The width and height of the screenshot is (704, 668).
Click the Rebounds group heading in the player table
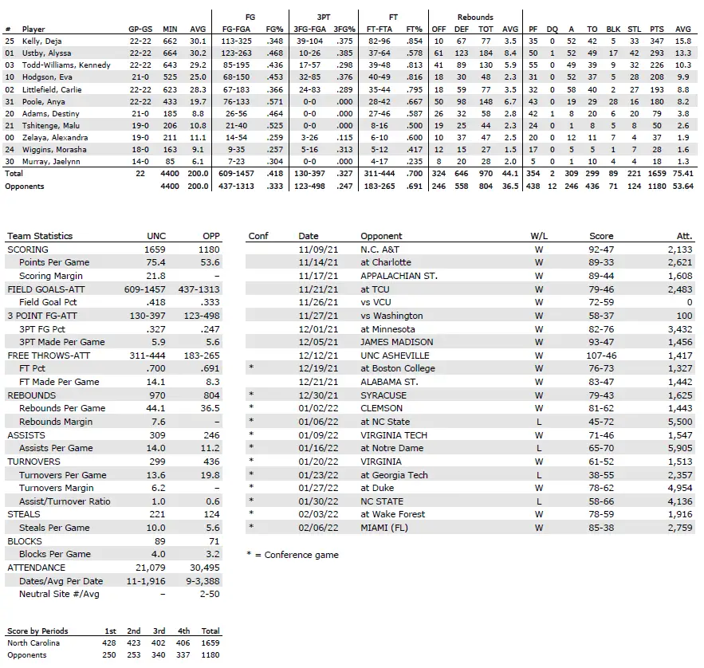475,17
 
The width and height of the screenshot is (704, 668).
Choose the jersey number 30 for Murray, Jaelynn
10,161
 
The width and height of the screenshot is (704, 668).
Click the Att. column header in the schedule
684,236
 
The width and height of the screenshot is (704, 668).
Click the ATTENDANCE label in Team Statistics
37,568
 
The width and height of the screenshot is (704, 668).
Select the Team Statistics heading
39,236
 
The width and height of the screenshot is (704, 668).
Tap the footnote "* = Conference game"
293,555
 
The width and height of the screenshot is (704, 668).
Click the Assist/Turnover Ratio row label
65,501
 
